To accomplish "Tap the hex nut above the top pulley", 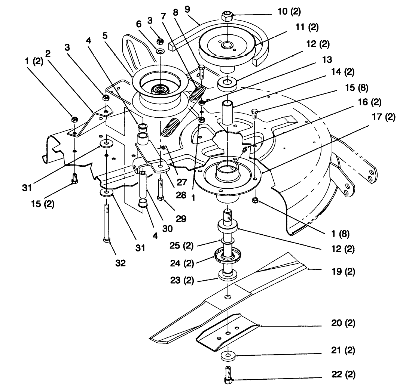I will [227, 16].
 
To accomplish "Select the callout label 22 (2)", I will [343, 374].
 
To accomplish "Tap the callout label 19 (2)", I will [343, 271].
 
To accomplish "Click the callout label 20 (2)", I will [343, 322].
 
